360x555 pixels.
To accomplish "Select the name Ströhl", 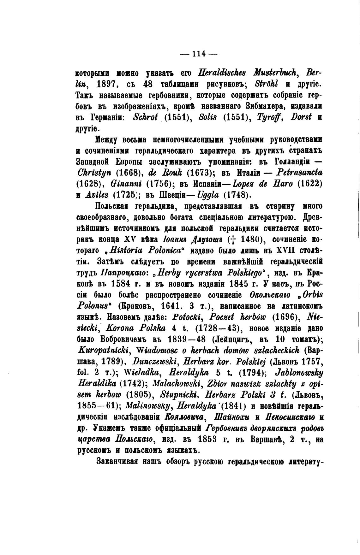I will (267, 85).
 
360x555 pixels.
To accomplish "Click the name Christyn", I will (94, 173).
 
